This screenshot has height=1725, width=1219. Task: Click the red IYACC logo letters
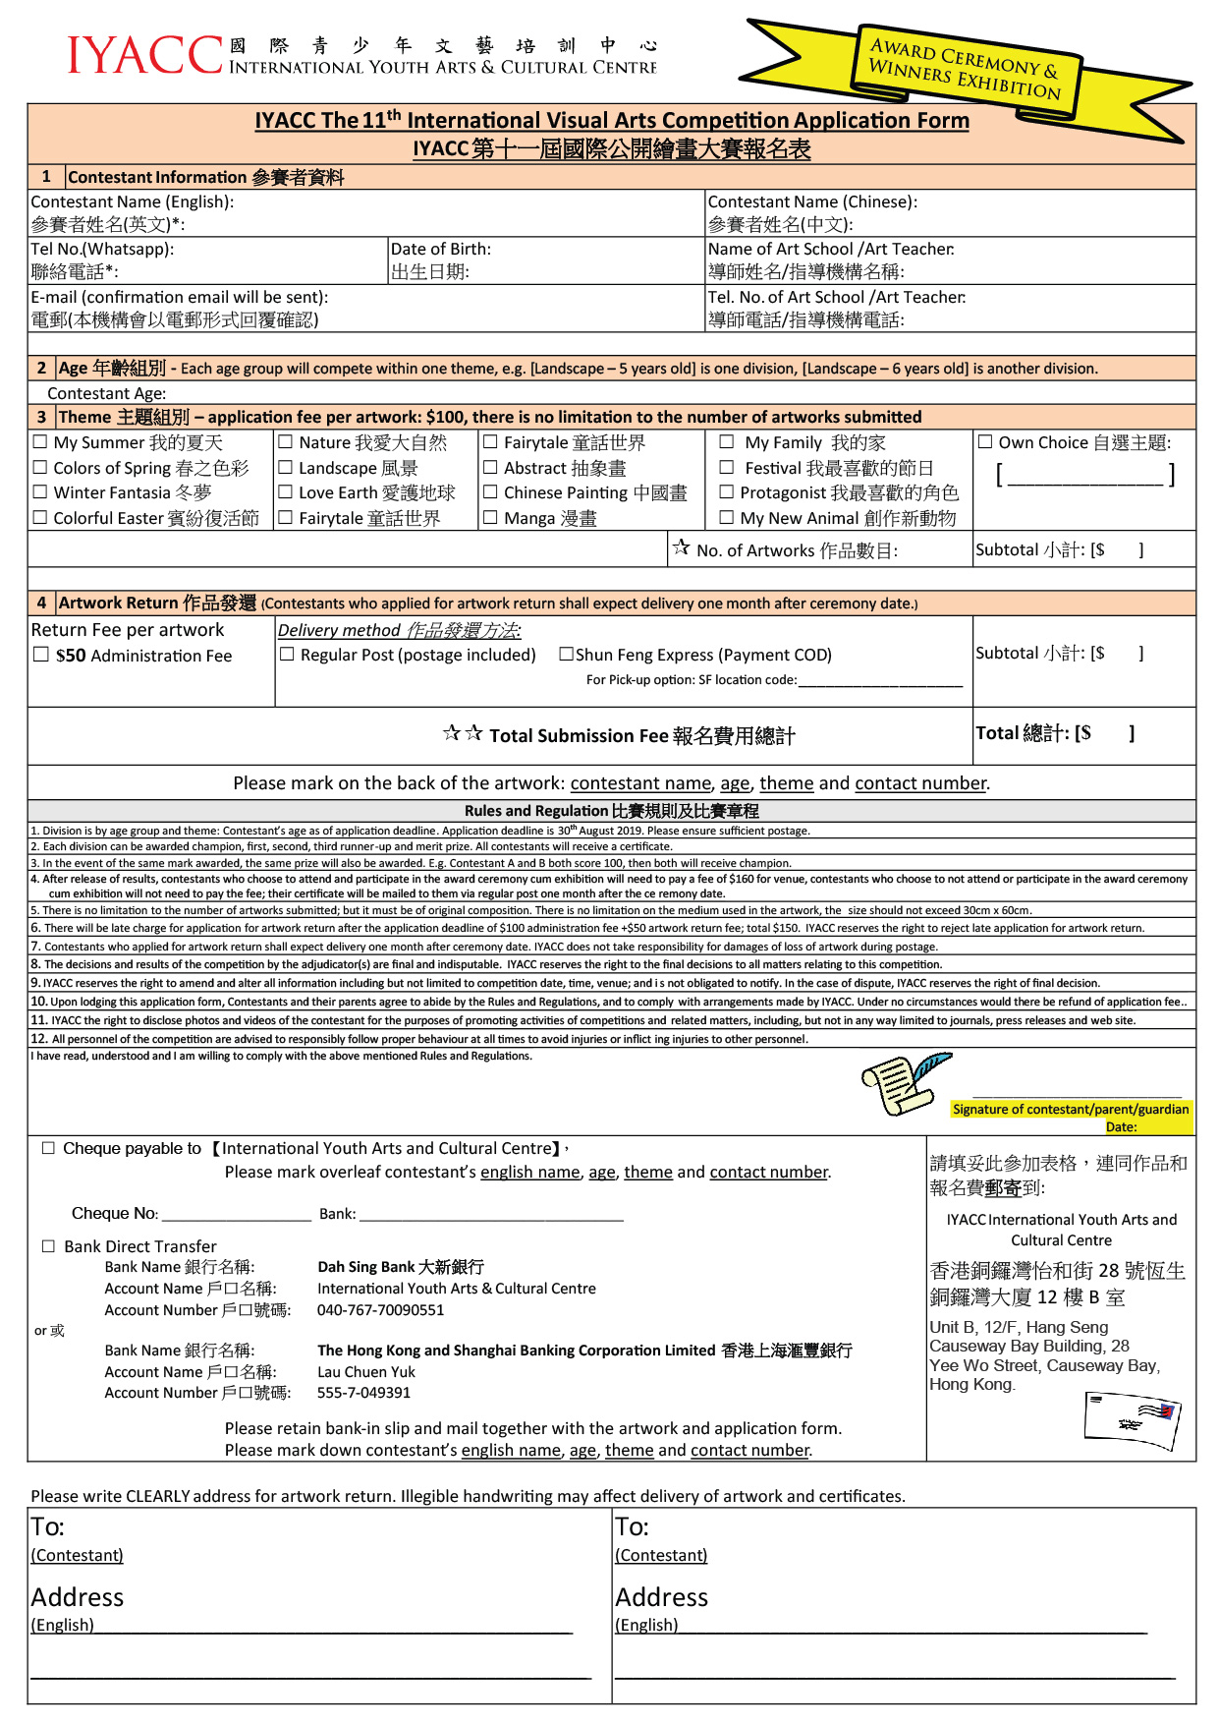click(145, 56)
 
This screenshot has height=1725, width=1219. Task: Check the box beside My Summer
click(40, 442)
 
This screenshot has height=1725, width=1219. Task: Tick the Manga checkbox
click(490, 517)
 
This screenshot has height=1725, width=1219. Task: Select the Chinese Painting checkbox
click(490, 491)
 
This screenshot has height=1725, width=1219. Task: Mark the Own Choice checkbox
click(985, 442)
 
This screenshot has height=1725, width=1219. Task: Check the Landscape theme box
click(285, 468)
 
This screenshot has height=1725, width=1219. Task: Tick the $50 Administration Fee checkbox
click(41, 655)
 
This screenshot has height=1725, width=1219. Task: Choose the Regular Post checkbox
click(287, 654)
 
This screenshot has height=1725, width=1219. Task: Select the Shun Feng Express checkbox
click(566, 654)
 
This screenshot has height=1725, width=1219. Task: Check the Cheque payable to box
click(48, 1148)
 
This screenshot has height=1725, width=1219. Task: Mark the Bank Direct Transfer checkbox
click(48, 1246)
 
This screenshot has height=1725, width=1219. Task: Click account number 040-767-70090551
click(380, 1310)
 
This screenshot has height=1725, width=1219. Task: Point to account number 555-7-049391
click(363, 1393)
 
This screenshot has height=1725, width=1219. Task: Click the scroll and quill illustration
click(904, 1083)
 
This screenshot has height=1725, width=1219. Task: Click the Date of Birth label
click(440, 250)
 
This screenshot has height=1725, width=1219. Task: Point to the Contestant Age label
click(107, 393)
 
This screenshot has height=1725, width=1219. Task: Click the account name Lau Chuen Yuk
click(365, 1372)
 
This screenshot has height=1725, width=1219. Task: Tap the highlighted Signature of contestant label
click(1070, 1110)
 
